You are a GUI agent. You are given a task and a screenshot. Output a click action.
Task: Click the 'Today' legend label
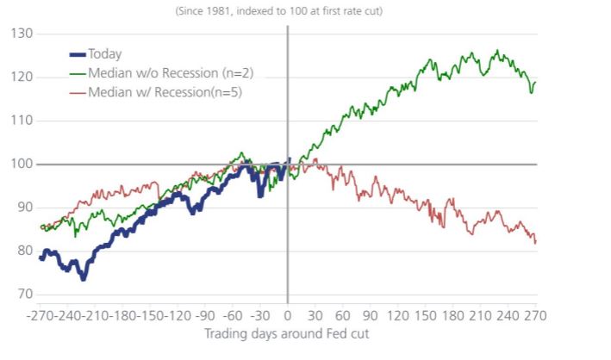104,53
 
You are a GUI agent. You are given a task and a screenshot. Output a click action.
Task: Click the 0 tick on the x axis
288,314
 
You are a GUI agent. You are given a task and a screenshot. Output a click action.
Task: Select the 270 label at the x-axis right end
536,314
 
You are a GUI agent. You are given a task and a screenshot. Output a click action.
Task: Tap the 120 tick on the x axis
398,314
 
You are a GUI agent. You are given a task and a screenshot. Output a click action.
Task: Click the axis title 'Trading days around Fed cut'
287,332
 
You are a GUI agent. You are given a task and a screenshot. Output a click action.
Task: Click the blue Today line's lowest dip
84,279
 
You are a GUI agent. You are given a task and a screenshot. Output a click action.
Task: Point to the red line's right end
535,243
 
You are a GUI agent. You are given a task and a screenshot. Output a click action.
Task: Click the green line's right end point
536,83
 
